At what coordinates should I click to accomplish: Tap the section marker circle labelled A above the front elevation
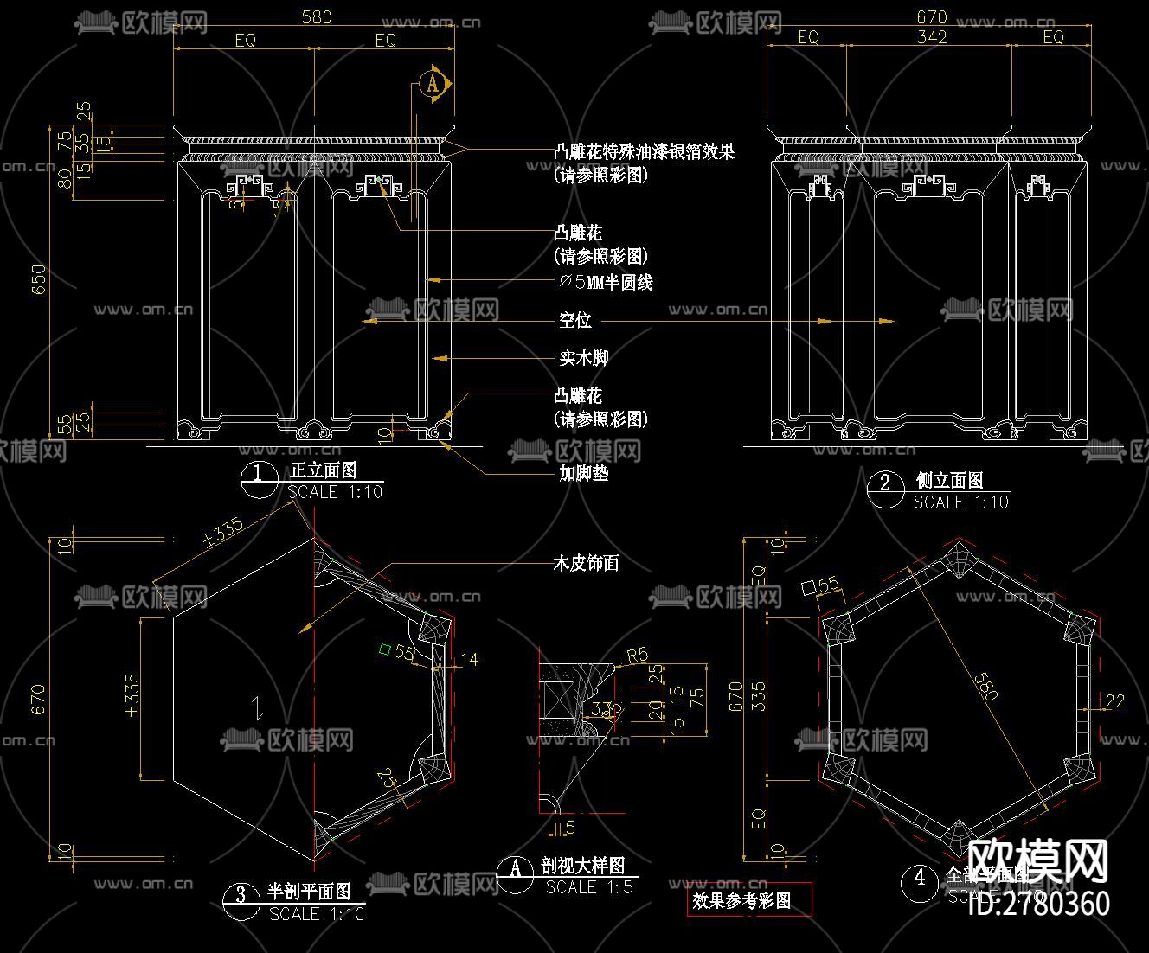[x=433, y=83]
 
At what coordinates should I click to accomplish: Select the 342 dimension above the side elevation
[x=931, y=37]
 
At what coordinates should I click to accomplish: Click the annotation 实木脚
[x=584, y=356]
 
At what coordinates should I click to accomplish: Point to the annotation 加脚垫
[x=584, y=473]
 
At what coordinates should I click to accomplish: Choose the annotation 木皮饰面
[x=586, y=563]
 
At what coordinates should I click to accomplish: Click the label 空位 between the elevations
[x=574, y=320]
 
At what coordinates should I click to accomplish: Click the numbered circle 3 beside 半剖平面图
[x=241, y=894]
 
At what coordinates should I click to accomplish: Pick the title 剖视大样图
[x=583, y=866]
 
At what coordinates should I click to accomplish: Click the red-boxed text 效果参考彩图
[x=741, y=900]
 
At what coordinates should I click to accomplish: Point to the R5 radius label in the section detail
[x=637, y=655]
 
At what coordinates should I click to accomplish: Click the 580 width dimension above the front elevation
[x=316, y=16]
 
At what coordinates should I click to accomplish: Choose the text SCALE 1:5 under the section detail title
[x=589, y=886]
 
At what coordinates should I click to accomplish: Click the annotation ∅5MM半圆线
[x=606, y=281]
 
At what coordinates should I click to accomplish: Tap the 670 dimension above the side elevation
[x=932, y=16]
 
